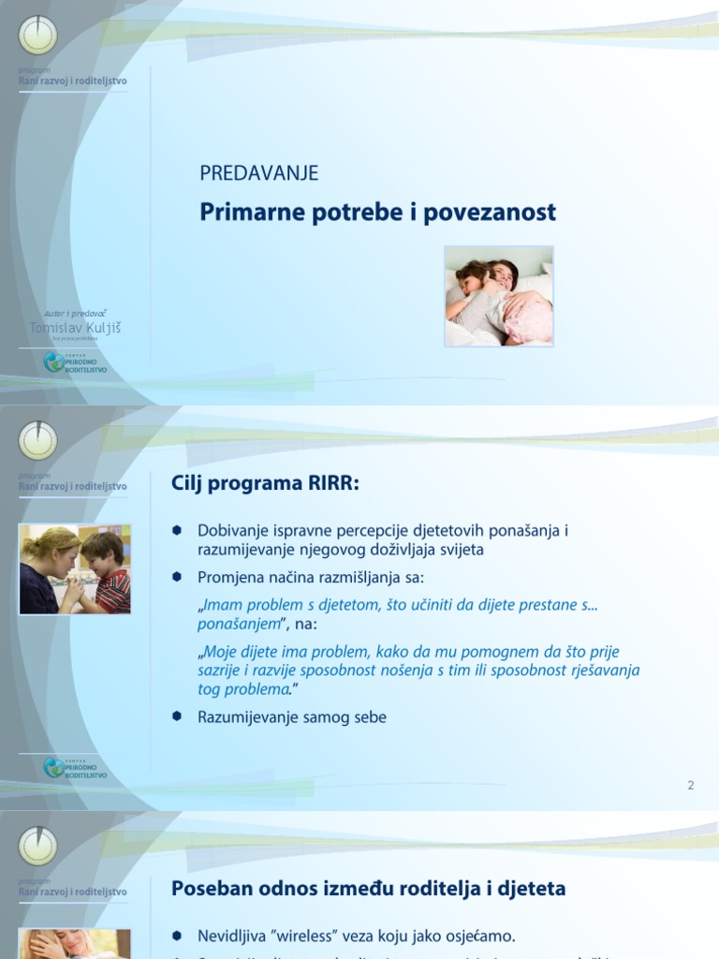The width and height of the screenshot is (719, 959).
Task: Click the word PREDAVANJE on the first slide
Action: (258, 173)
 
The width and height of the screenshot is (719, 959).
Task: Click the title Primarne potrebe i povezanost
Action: (377, 213)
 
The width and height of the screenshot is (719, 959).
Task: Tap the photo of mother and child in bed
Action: (498, 296)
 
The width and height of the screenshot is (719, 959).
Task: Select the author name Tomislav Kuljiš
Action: (76, 328)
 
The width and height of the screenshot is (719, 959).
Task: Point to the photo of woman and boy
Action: (75, 569)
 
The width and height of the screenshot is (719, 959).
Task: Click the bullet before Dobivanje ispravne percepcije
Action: (175, 530)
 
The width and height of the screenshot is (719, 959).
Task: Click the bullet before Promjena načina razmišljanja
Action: (175, 577)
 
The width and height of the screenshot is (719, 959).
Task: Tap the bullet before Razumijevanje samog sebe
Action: (175, 716)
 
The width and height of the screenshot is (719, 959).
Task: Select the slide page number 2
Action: (691, 785)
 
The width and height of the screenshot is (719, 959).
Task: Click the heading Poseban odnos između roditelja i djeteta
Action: (368, 889)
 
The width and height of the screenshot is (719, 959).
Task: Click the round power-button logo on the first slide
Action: (38, 36)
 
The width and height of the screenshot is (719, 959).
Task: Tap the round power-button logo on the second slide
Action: (38, 441)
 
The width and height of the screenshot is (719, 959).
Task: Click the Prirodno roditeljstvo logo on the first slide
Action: (76, 362)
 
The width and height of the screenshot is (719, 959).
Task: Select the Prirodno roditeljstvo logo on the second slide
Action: (76, 768)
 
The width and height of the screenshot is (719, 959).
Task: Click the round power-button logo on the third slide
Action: (38, 847)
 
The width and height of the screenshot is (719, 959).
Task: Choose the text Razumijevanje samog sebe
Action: (291, 717)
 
